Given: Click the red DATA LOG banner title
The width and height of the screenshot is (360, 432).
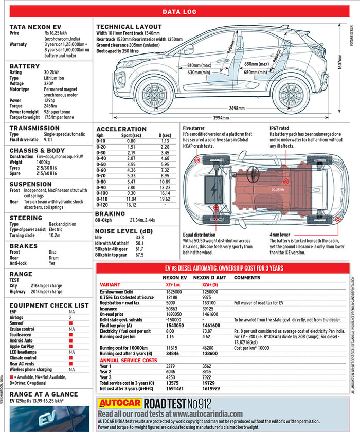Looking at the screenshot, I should pyautogui.click(x=179, y=12).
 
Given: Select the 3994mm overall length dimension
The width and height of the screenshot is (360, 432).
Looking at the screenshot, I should pyautogui.click(x=221, y=117).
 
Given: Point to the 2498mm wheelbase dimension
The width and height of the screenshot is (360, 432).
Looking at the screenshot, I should pyautogui.click(x=237, y=108).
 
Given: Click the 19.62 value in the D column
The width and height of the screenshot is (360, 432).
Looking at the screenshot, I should pyautogui.click(x=165, y=199).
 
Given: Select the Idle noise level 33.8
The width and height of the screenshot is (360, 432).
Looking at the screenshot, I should pyautogui.click(x=140, y=237).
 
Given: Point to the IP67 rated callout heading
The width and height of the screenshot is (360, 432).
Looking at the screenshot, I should pyautogui.click(x=280, y=128).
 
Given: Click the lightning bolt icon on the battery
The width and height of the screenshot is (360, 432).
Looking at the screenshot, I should pyautogui.click(x=213, y=187).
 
